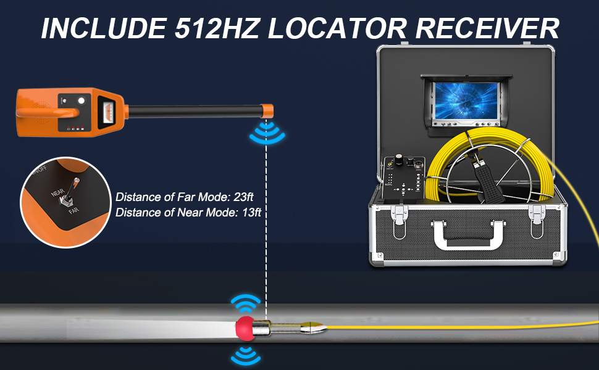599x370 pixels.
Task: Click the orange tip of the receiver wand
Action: (267, 112)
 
